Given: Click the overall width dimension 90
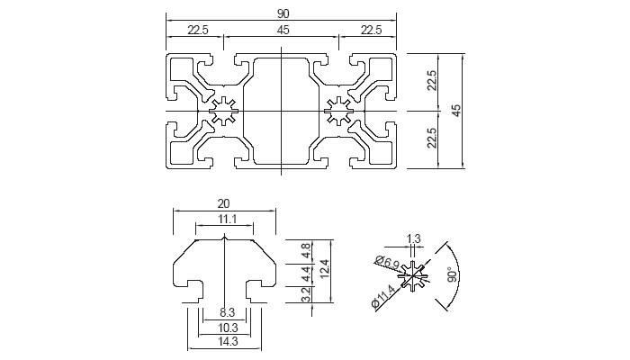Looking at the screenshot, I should [x=283, y=12].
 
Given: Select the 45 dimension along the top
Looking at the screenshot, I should [x=283, y=30].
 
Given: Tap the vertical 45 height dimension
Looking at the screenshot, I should [x=456, y=110].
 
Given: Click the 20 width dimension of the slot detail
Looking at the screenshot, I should [x=225, y=203].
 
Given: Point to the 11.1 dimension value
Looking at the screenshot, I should [x=225, y=220].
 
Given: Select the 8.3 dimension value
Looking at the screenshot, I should [x=226, y=311].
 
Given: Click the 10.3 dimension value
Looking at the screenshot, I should [x=226, y=328].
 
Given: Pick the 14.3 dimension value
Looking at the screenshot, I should [x=226, y=343].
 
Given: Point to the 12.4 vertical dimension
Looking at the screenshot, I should [x=325, y=268].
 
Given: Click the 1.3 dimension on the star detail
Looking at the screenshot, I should [x=414, y=238].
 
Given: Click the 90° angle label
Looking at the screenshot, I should [x=454, y=274].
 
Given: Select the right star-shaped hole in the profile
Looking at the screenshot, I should [x=340, y=111].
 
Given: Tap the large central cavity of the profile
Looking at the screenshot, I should [x=282, y=111].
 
